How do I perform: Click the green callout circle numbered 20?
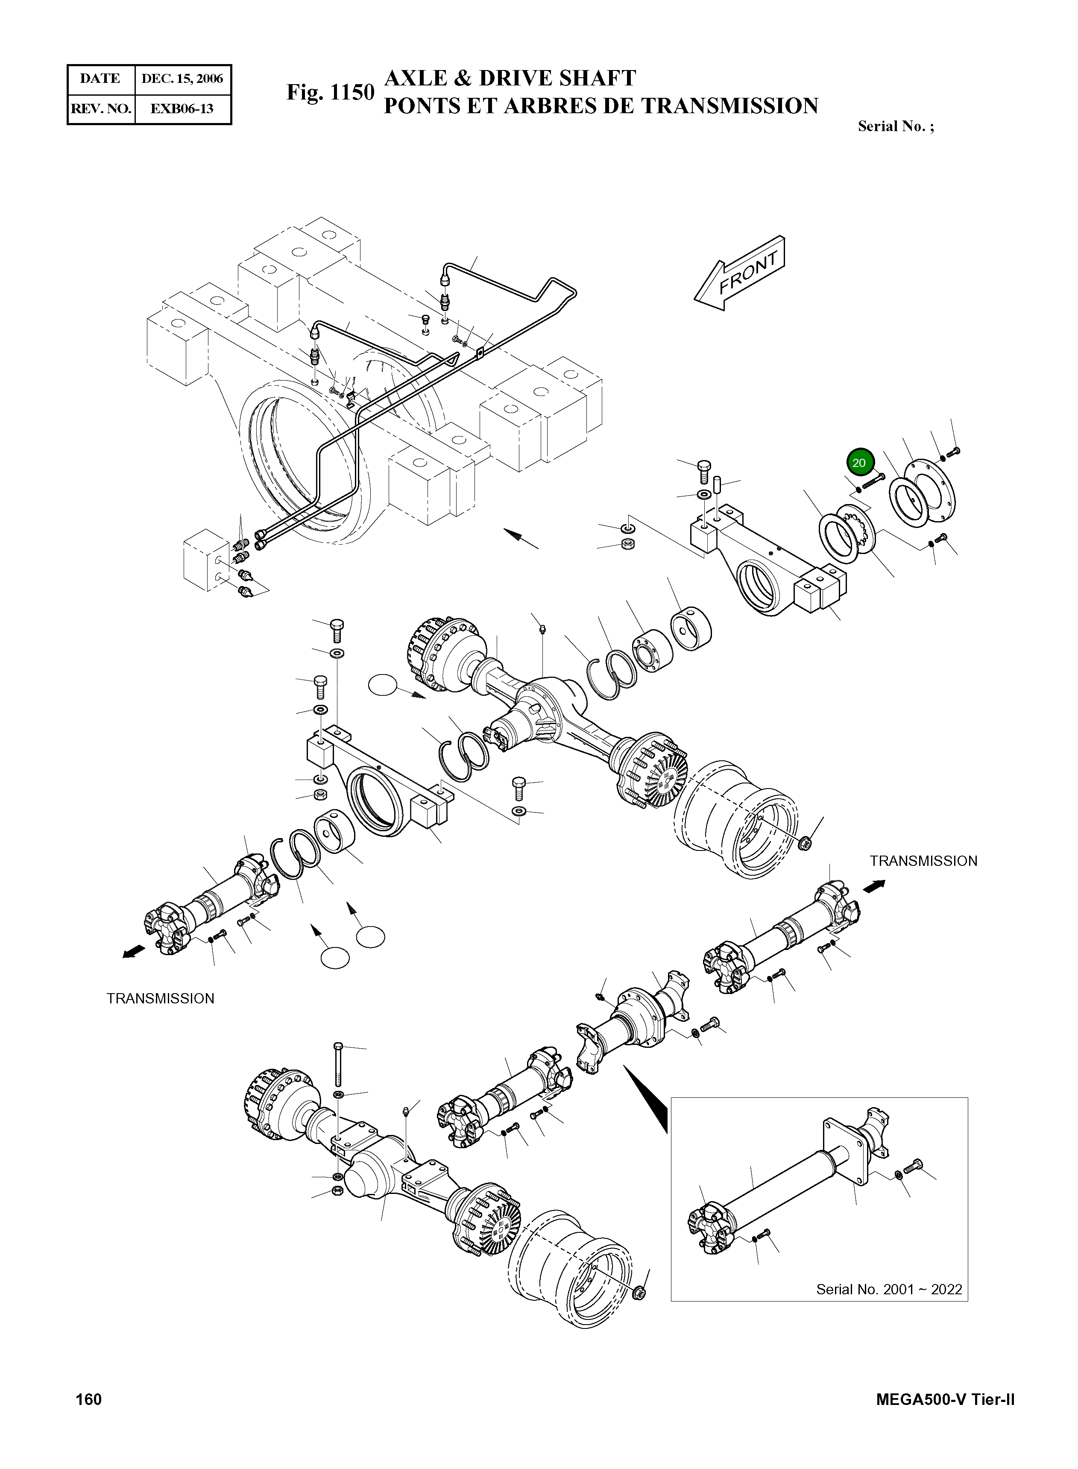coord(859,463)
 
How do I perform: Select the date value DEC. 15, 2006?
coord(182,79)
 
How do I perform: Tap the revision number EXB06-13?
coord(182,108)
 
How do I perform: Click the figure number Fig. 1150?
coord(330,93)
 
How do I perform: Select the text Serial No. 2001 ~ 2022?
coord(889,1289)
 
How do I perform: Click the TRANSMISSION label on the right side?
coord(923,861)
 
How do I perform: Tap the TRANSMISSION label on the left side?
coord(161,998)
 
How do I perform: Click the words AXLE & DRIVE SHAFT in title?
coord(510,78)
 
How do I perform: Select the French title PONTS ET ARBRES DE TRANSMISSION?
coord(601,106)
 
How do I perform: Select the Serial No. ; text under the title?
coord(895,126)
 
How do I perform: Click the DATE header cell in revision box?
coord(100,79)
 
